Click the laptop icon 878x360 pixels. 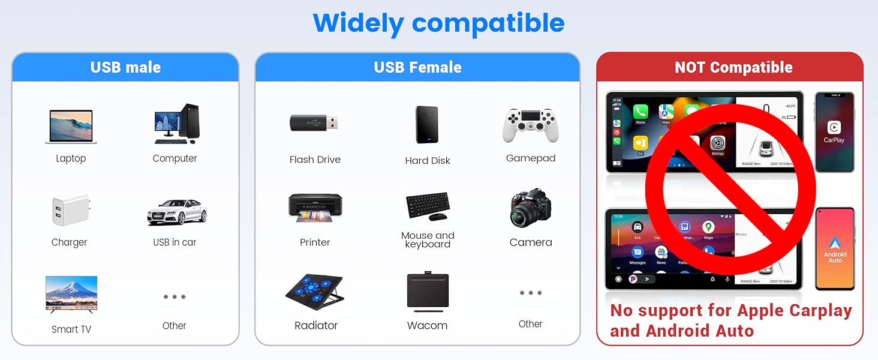coord(71,127)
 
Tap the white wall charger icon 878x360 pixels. coord(69,209)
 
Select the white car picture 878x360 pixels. coord(177,212)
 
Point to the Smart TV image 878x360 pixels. coord(71,294)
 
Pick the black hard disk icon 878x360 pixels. coord(427,125)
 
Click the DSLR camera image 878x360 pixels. coord(530,209)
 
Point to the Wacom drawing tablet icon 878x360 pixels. coord(427,292)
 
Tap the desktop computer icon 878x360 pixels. coord(176,124)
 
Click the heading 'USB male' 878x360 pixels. coord(125,67)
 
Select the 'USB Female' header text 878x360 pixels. coord(417,67)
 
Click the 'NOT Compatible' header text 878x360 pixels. coord(733,67)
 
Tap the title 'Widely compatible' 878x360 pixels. coord(438,23)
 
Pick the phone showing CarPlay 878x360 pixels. coord(834,132)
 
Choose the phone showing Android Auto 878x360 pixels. coord(835,248)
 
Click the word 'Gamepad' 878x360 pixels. coord(530,158)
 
